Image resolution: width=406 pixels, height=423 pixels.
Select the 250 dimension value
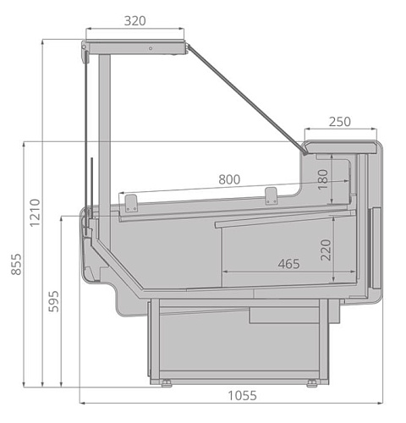click(x=338, y=121)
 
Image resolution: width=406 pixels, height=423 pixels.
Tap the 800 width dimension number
click(x=228, y=179)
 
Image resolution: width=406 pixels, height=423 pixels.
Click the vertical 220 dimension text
click(x=322, y=250)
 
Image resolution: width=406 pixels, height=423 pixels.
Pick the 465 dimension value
click(x=288, y=263)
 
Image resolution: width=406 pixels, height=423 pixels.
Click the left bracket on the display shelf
click(x=131, y=202)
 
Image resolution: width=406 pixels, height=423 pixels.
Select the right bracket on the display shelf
click(x=271, y=195)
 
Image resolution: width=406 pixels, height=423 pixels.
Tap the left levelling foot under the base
click(x=166, y=383)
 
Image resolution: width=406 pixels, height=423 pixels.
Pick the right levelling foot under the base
click(x=314, y=383)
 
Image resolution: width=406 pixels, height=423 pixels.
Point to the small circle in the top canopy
click(x=151, y=47)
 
